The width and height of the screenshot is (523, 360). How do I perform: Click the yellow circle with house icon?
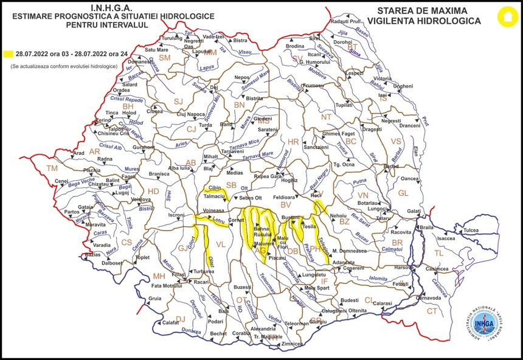tap(504, 16)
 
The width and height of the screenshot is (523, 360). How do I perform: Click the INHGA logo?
tap(486, 326)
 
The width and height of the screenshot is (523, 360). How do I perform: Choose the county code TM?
tap(52, 168)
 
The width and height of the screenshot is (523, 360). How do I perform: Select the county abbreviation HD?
tap(153, 191)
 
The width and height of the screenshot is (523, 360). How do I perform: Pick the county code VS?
tap(396, 141)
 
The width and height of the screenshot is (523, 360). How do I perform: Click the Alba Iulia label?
tap(181, 167)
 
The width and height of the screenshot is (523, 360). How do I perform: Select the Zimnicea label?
tap(291, 344)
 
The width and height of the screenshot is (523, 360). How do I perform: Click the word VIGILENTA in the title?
tap(401, 21)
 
